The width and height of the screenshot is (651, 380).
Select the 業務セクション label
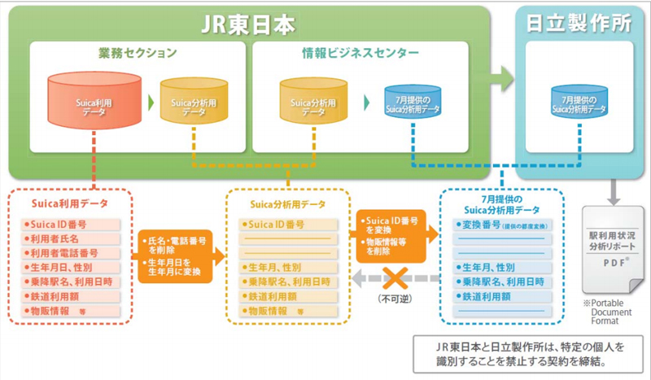pos(138,55)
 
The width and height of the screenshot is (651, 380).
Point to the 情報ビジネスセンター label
pos(356,55)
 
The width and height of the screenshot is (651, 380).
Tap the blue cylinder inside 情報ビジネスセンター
pos(413,103)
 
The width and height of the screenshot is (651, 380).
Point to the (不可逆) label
pos(388,298)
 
